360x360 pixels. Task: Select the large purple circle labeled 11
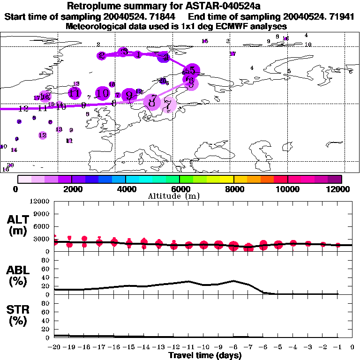74,93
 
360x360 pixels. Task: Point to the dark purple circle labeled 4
164,57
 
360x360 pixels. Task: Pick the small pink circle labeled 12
43,135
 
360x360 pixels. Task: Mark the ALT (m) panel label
17,225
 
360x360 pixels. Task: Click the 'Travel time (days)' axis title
205,356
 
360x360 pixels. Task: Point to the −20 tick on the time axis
54,347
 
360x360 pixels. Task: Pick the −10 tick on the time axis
203,347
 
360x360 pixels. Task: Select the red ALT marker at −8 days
233,246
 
